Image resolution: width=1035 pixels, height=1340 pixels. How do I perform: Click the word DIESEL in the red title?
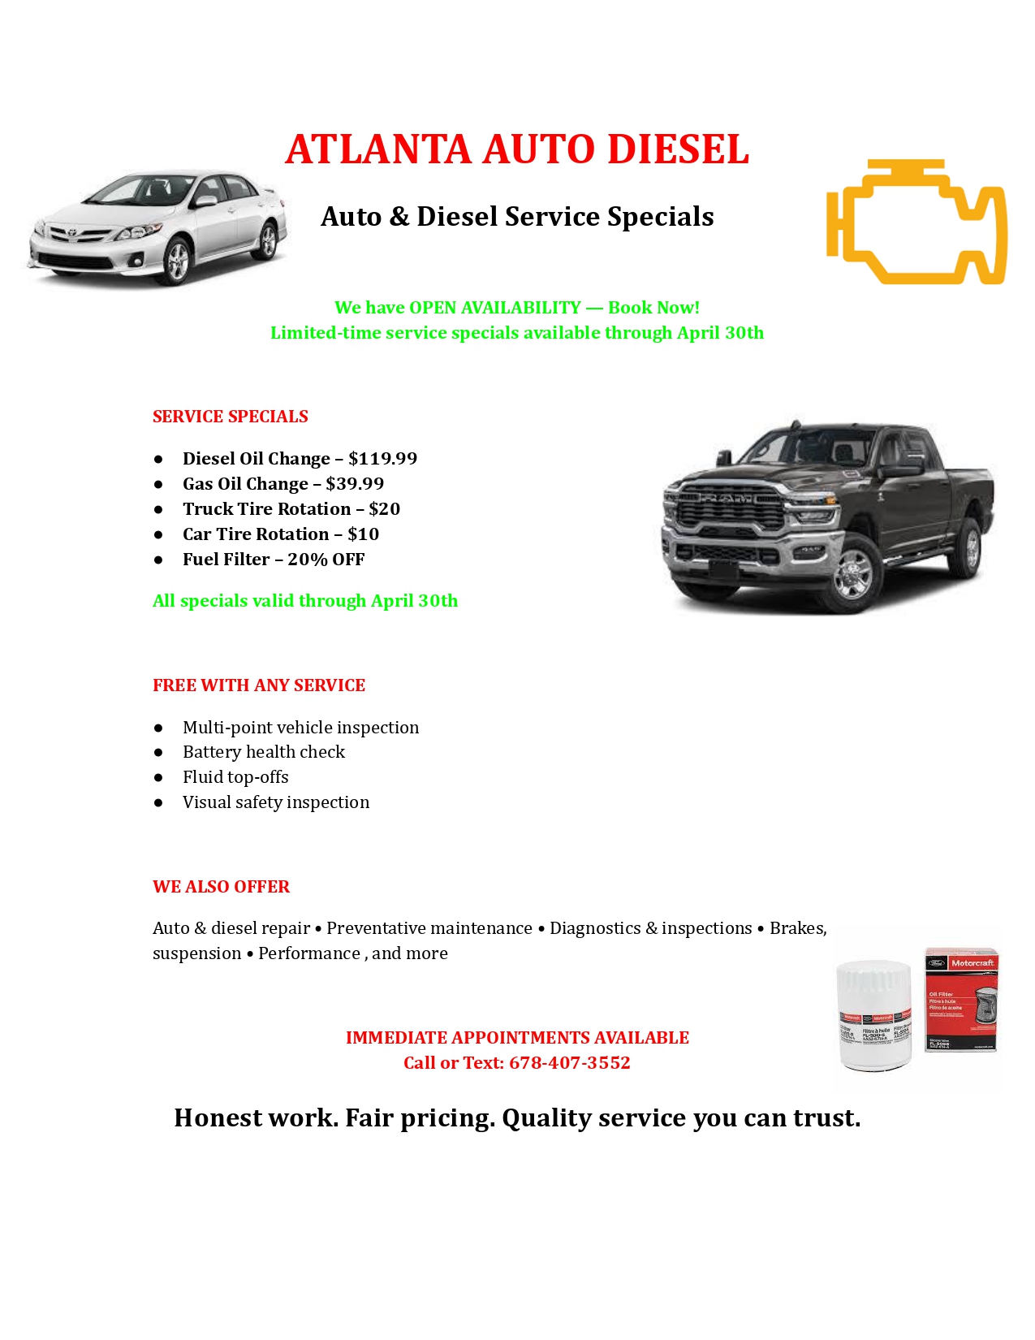tap(678, 149)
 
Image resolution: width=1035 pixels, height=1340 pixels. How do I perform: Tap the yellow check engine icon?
tap(916, 222)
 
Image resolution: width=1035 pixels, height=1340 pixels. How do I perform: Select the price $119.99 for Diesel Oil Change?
tap(382, 459)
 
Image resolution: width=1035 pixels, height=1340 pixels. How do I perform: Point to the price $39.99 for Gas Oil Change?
tap(355, 484)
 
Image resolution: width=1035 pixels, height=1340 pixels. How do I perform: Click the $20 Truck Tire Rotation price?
tap(384, 509)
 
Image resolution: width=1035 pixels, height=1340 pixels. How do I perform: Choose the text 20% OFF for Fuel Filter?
tap(326, 560)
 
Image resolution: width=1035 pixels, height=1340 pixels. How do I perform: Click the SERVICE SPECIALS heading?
tap(231, 417)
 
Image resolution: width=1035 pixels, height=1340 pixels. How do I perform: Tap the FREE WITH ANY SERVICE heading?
tap(259, 685)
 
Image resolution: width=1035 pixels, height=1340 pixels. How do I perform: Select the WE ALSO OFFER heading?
tap(221, 887)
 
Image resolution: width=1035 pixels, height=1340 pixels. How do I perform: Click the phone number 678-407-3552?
tap(569, 1063)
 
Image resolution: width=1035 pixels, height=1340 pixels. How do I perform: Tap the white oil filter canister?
tap(874, 1015)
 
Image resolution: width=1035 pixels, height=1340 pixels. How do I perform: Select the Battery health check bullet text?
tap(264, 752)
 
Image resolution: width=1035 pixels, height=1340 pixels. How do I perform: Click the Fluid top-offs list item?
tap(235, 777)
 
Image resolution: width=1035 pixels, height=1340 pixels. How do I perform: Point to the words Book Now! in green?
tap(653, 308)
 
